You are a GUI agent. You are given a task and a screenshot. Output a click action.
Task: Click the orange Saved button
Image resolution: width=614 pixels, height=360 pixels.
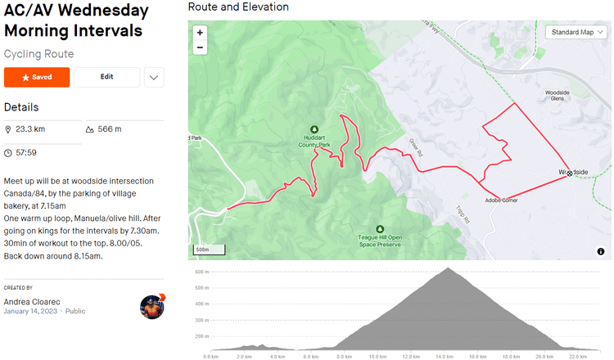(x=37, y=77)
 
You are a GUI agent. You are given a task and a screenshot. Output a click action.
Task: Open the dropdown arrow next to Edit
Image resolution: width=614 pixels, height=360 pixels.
(x=154, y=77)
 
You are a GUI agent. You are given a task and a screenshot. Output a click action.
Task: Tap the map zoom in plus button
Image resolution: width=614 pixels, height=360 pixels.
(x=201, y=33)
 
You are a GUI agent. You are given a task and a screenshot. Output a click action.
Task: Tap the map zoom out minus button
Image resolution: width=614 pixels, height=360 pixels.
(x=201, y=47)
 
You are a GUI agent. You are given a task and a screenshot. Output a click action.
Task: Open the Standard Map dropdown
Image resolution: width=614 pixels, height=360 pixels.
(x=577, y=33)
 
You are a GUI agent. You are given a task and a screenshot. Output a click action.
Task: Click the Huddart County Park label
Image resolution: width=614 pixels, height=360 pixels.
(x=314, y=142)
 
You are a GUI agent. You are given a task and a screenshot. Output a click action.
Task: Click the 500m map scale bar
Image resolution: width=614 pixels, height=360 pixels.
(x=201, y=250)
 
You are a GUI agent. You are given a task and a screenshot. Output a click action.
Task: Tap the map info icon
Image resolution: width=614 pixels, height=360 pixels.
(x=601, y=252)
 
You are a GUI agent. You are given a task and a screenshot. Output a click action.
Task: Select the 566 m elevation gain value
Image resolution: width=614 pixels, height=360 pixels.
(x=109, y=129)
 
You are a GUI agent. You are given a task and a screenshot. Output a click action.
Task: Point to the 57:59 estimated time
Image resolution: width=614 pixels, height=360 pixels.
(x=25, y=152)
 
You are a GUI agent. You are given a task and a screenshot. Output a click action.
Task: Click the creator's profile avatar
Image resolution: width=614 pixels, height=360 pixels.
(x=152, y=307)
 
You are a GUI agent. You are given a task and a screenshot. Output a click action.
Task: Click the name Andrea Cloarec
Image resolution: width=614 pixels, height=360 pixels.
(x=33, y=301)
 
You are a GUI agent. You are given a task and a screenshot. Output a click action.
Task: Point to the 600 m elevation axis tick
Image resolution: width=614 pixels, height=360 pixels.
(x=199, y=272)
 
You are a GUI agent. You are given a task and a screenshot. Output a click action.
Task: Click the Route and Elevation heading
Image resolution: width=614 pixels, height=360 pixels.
(x=238, y=7)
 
